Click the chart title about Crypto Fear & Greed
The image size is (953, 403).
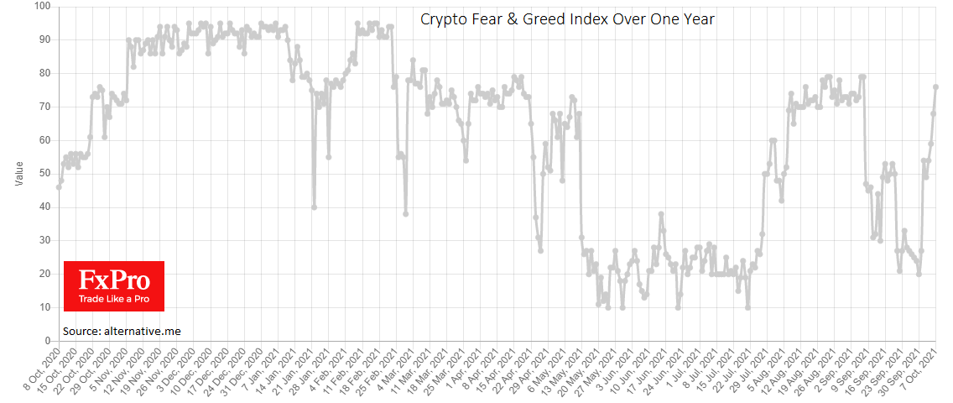point(567,18)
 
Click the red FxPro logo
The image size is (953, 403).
point(113,285)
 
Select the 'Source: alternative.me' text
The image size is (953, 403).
point(122,331)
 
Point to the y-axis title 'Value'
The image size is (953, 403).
point(19,174)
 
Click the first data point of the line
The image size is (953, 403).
point(59,187)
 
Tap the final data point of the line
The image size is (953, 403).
point(936,86)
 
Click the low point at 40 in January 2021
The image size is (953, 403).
point(314,207)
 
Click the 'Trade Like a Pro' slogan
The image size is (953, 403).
point(113,299)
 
